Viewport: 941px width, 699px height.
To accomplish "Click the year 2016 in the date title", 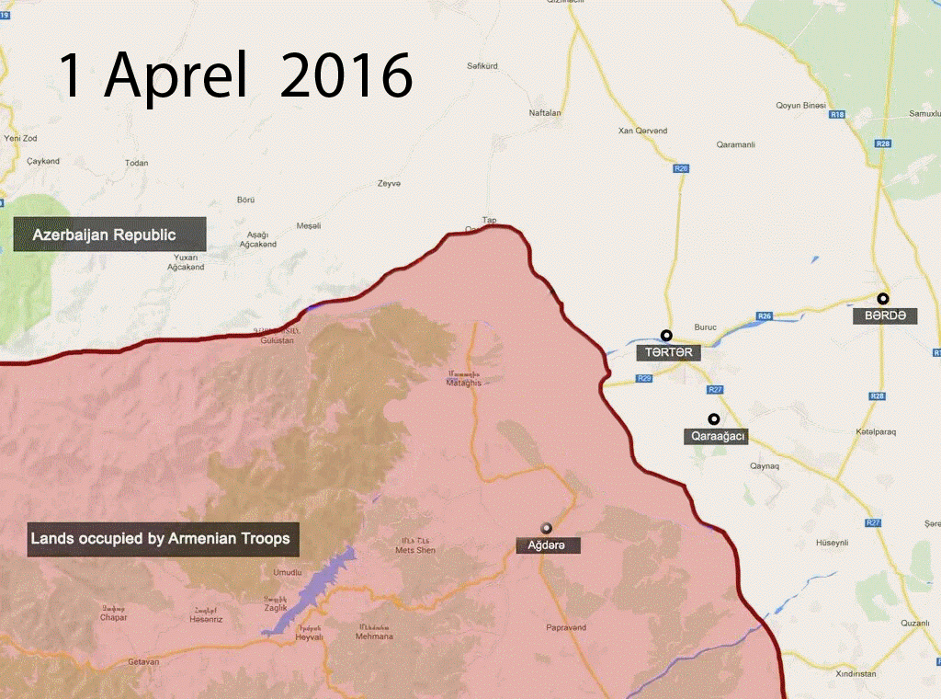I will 346,75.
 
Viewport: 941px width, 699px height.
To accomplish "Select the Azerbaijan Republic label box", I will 108,235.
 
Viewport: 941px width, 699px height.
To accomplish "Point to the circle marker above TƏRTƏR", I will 666,336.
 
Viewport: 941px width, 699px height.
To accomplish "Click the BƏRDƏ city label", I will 884,315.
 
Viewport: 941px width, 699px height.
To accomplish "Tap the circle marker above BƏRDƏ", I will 883,298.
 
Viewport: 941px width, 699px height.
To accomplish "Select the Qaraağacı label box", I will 716,437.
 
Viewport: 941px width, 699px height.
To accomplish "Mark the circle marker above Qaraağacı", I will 713,418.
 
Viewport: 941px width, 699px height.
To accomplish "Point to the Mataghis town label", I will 464,382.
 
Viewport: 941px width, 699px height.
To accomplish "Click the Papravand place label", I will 565,627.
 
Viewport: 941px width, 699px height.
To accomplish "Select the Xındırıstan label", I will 856,673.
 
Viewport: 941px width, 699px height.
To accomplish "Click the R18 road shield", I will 836,115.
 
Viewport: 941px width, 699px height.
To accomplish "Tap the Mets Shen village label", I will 414,550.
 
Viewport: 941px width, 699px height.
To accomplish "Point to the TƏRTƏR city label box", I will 668,352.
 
